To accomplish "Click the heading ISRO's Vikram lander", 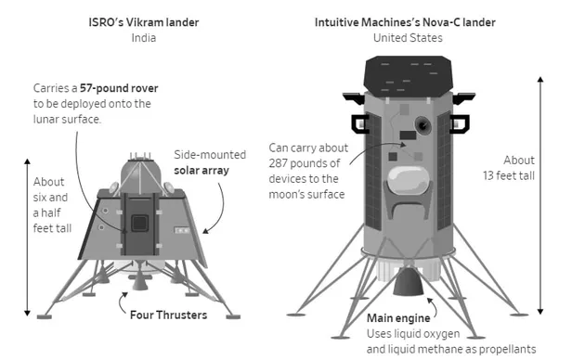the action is tap(144, 22).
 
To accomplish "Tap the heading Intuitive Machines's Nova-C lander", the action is tap(405, 22).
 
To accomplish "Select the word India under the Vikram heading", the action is tap(144, 38).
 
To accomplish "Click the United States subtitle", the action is tap(408, 38).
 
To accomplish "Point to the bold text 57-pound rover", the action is tap(119, 88).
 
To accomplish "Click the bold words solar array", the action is tap(201, 171).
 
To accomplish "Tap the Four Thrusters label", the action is tap(169, 315).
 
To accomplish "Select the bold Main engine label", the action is tap(398, 318).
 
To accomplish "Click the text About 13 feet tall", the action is tap(509, 168).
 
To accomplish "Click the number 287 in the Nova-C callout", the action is tap(279, 163).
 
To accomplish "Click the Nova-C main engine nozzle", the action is tap(409, 281).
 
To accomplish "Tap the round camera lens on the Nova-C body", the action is tap(422, 125).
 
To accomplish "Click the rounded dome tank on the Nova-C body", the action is tap(408, 180).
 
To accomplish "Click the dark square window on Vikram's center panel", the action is tap(139, 223).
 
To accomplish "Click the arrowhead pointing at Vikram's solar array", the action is tap(206, 231).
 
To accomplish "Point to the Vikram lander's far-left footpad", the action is tap(45, 316).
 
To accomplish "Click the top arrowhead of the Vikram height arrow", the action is tap(27, 161).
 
